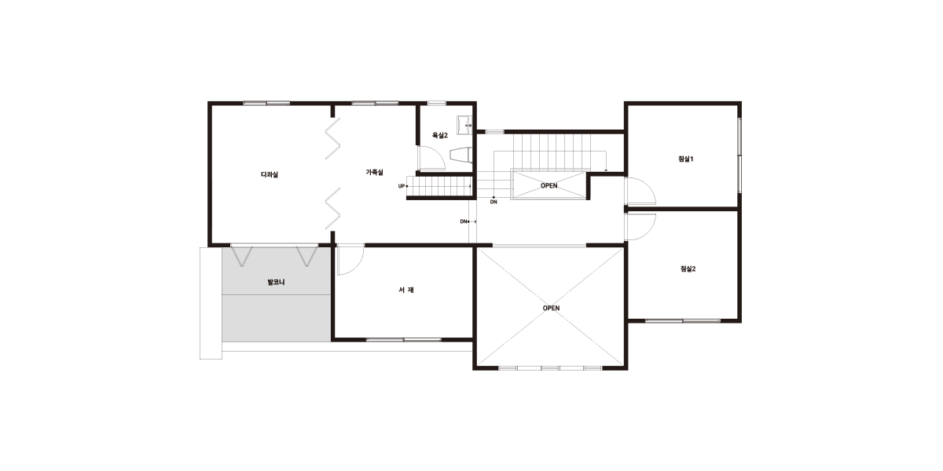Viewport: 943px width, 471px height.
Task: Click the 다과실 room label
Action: coord(270,174)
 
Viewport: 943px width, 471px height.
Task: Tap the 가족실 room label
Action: coord(374,172)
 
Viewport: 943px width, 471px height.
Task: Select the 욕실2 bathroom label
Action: coord(440,135)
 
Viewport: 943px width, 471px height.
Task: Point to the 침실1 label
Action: coord(686,159)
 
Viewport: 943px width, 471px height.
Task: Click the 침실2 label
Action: coord(688,268)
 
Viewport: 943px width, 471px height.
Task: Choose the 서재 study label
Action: coord(406,290)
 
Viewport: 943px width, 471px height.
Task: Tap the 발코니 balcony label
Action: coord(276,282)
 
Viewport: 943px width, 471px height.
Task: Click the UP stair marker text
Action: coord(402,186)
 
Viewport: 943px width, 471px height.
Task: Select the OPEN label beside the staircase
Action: coord(549,185)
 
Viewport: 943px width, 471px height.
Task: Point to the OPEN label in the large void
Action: coord(551,309)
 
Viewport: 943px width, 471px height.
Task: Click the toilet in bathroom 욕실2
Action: coord(460,155)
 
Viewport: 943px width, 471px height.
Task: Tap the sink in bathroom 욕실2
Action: coord(464,125)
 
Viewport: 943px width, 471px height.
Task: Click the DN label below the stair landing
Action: coord(494,202)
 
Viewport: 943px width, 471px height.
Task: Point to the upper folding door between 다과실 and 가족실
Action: coord(332,138)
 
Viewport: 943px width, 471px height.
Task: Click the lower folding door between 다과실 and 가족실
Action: coord(332,208)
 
